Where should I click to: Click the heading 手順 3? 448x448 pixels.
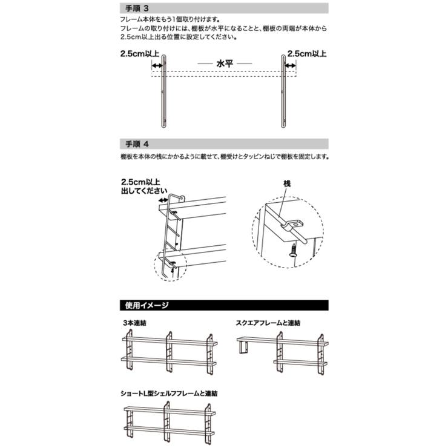click(137, 8)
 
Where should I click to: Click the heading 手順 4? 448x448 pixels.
click(137, 144)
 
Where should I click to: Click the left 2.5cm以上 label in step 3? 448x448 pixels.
click(140, 53)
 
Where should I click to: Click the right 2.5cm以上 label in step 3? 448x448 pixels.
click(307, 53)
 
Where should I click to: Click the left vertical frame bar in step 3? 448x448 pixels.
click(163, 91)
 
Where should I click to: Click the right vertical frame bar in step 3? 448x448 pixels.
click(283, 91)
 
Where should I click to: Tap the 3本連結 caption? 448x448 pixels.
click(134, 323)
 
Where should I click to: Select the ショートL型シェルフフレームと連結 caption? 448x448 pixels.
click(169, 394)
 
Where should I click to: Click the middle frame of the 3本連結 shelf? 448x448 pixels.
click(169, 352)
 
